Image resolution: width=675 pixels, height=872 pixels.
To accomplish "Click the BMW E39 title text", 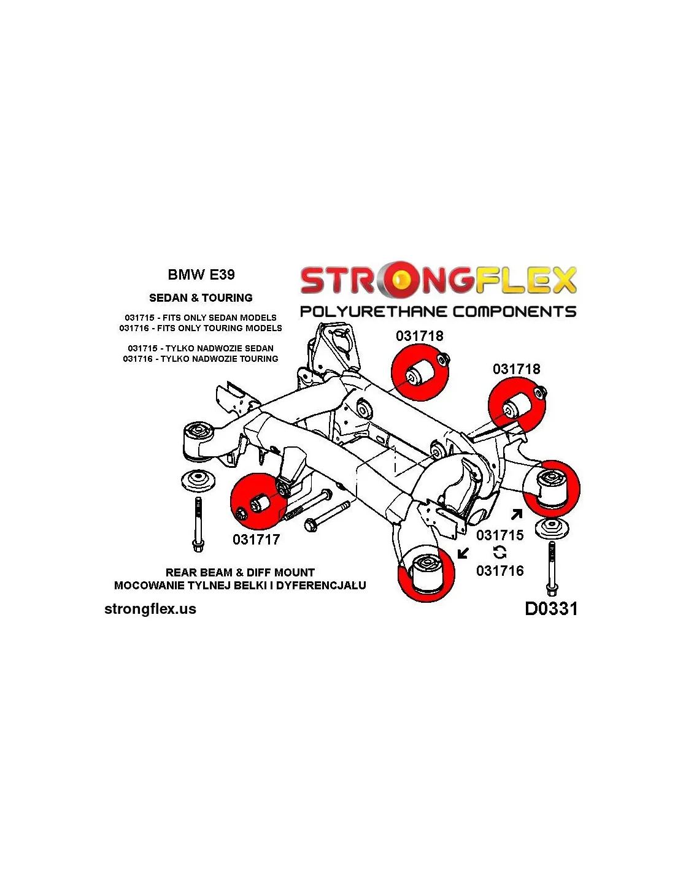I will coord(201,275).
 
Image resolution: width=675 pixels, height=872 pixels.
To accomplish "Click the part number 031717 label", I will coord(256,540).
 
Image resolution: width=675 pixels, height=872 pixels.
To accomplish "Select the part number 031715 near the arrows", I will coord(500,535).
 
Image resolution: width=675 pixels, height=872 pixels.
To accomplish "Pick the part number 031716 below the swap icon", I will coord(500,571).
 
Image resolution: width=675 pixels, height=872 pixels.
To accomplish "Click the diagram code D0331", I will coord(551,608).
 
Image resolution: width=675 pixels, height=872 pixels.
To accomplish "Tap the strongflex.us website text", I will coord(150,609).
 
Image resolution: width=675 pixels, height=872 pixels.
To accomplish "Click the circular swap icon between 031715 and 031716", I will coord(499,553).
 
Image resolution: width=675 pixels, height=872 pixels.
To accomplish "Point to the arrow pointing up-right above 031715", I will coord(517,514).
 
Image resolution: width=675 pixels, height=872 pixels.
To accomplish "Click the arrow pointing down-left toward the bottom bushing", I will coord(463,554).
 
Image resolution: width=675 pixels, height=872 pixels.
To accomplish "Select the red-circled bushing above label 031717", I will coord(259,502).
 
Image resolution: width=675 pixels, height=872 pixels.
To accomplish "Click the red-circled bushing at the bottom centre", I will coord(426,572).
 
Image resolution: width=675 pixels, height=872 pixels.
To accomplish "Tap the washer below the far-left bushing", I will coord(198,480).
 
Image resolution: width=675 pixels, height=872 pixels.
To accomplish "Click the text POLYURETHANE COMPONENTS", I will coord(438,312).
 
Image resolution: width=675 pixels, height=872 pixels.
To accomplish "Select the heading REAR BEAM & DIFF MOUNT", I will coord(240,573).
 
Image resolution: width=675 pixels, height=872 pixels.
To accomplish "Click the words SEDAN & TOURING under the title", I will coord(201,298).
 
